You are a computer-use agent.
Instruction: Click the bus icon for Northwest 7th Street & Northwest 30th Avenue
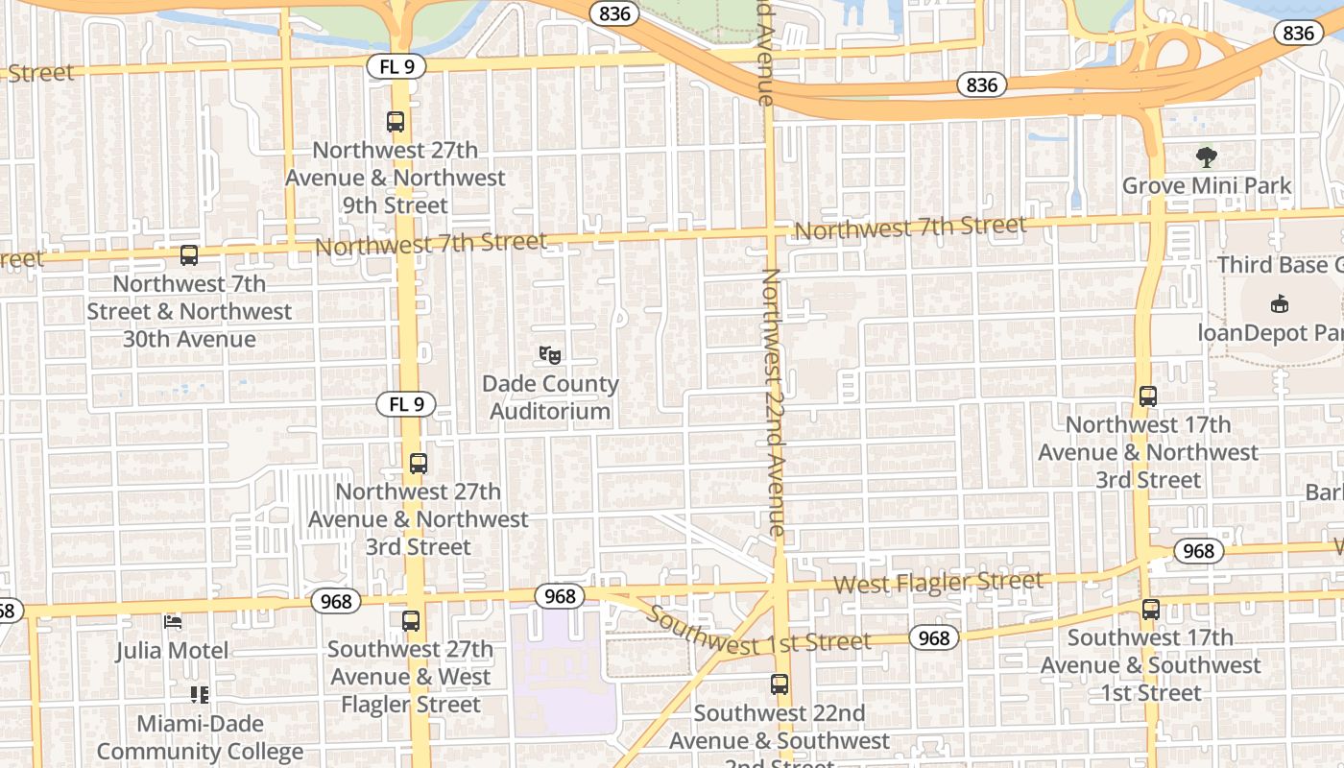pos(189,255)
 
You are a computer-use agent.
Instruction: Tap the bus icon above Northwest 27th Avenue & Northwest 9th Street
pos(396,122)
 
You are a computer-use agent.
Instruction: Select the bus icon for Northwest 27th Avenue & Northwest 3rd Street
pos(419,464)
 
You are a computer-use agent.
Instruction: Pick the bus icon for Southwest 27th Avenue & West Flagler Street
pos(411,621)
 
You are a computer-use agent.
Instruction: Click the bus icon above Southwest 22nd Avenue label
pos(780,684)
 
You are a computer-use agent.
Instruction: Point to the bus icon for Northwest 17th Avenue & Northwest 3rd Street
pos(1148,396)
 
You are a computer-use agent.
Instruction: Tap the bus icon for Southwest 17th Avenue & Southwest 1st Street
pos(1151,609)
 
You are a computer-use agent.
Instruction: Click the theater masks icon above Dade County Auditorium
pos(550,355)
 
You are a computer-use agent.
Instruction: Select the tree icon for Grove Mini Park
pos(1207,157)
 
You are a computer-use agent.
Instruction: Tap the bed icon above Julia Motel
pos(173,622)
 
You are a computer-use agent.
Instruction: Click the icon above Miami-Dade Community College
pos(200,694)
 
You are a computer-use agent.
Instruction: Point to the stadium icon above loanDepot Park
pos(1279,304)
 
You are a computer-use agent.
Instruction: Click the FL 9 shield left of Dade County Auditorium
pos(406,404)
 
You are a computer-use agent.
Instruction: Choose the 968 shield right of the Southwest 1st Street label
pos(933,637)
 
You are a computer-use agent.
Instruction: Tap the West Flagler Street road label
pos(937,582)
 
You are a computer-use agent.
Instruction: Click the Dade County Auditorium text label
pos(550,397)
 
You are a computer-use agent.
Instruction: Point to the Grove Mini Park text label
pos(1207,185)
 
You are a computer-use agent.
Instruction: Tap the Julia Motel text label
pos(173,650)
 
